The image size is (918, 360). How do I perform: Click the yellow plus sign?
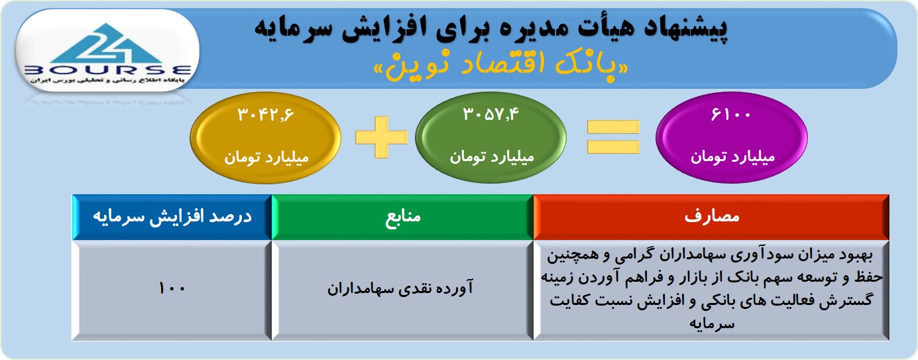tap(382, 137)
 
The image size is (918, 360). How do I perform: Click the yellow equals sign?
tap(613, 137)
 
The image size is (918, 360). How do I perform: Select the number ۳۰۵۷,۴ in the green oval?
tap(490, 114)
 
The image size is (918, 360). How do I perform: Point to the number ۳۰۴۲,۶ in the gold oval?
tap(266, 115)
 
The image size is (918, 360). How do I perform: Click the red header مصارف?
tap(711, 217)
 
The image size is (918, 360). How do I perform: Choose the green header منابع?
tap(402, 217)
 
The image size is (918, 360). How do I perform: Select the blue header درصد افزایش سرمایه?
tap(172, 217)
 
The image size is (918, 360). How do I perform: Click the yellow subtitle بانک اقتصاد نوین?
tap(501, 66)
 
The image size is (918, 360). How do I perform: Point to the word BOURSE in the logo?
tap(108, 70)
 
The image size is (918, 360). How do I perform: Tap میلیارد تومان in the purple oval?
tap(732, 157)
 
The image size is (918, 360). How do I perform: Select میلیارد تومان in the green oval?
tap(492, 157)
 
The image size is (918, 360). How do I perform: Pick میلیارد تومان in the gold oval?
tap(266, 157)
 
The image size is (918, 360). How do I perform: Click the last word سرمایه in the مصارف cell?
tap(711, 324)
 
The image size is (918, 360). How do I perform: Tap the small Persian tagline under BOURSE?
tap(107, 80)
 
